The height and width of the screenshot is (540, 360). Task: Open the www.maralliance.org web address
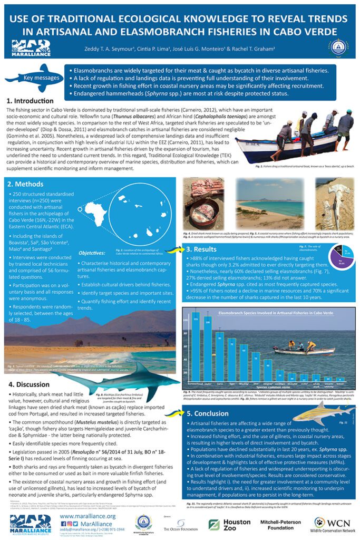pos(87,516)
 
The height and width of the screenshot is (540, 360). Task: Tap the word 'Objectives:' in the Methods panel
pos(92,253)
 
